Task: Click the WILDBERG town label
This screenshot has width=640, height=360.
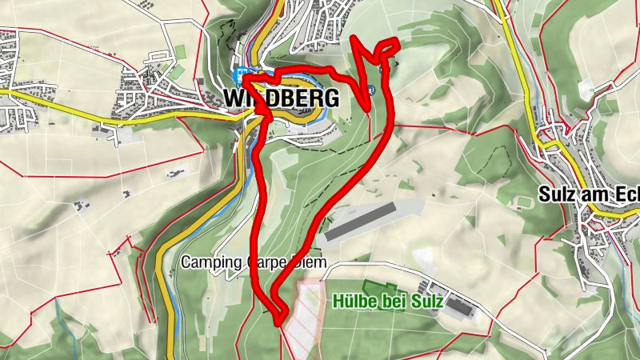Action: tap(281, 98)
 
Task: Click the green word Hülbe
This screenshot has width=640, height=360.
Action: tap(350, 302)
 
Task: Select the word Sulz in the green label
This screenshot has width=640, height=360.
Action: tap(420, 302)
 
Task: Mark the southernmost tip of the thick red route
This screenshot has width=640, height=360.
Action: tap(279, 323)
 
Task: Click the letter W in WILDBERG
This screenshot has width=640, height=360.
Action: tap(234, 98)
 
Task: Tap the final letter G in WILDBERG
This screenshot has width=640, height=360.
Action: tap(331, 98)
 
